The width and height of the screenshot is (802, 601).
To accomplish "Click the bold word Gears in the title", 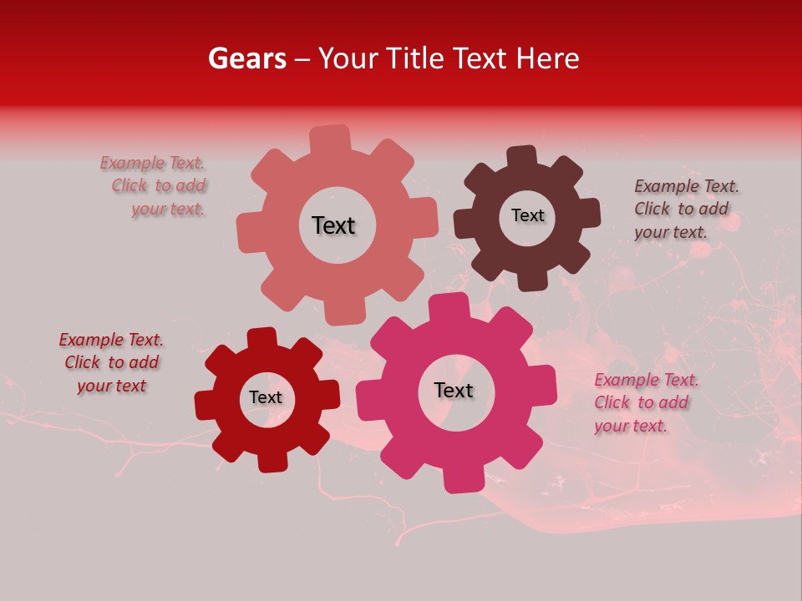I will pyautogui.click(x=246, y=58).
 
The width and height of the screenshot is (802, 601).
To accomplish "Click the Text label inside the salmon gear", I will pyautogui.click(x=333, y=225).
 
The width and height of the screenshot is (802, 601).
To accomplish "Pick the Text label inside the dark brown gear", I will pyautogui.click(x=527, y=215).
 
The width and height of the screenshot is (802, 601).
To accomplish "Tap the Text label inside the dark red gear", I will pyautogui.click(x=266, y=397).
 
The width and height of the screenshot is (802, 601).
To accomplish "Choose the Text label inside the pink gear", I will pyautogui.click(x=454, y=390).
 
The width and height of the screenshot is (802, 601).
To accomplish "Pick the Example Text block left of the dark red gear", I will pyautogui.click(x=111, y=362).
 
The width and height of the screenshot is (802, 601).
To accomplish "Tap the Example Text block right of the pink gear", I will pyautogui.click(x=645, y=402).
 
